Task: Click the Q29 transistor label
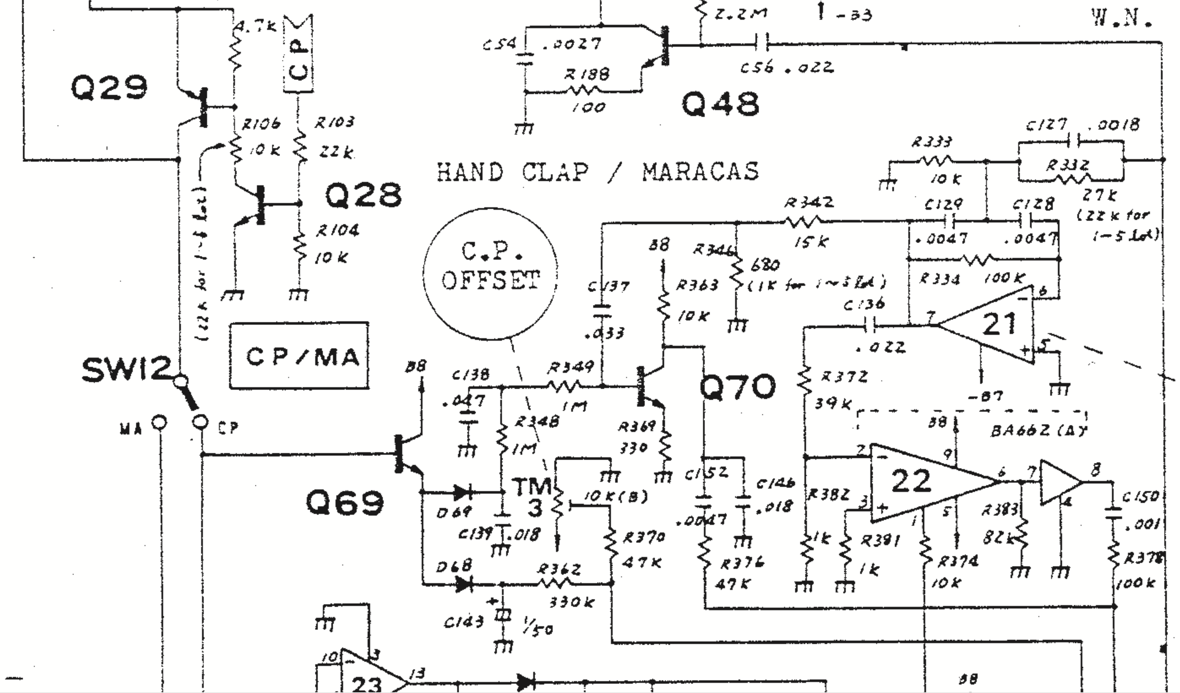tap(109, 88)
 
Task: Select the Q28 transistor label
tap(363, 196)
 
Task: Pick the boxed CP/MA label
tap(299, 356)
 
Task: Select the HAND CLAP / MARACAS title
tap(598, 171)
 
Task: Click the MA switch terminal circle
tap(159, 422)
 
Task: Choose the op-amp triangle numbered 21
tap(993, 324)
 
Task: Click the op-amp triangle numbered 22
tap(918, 482)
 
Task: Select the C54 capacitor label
tap(500, 45)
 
